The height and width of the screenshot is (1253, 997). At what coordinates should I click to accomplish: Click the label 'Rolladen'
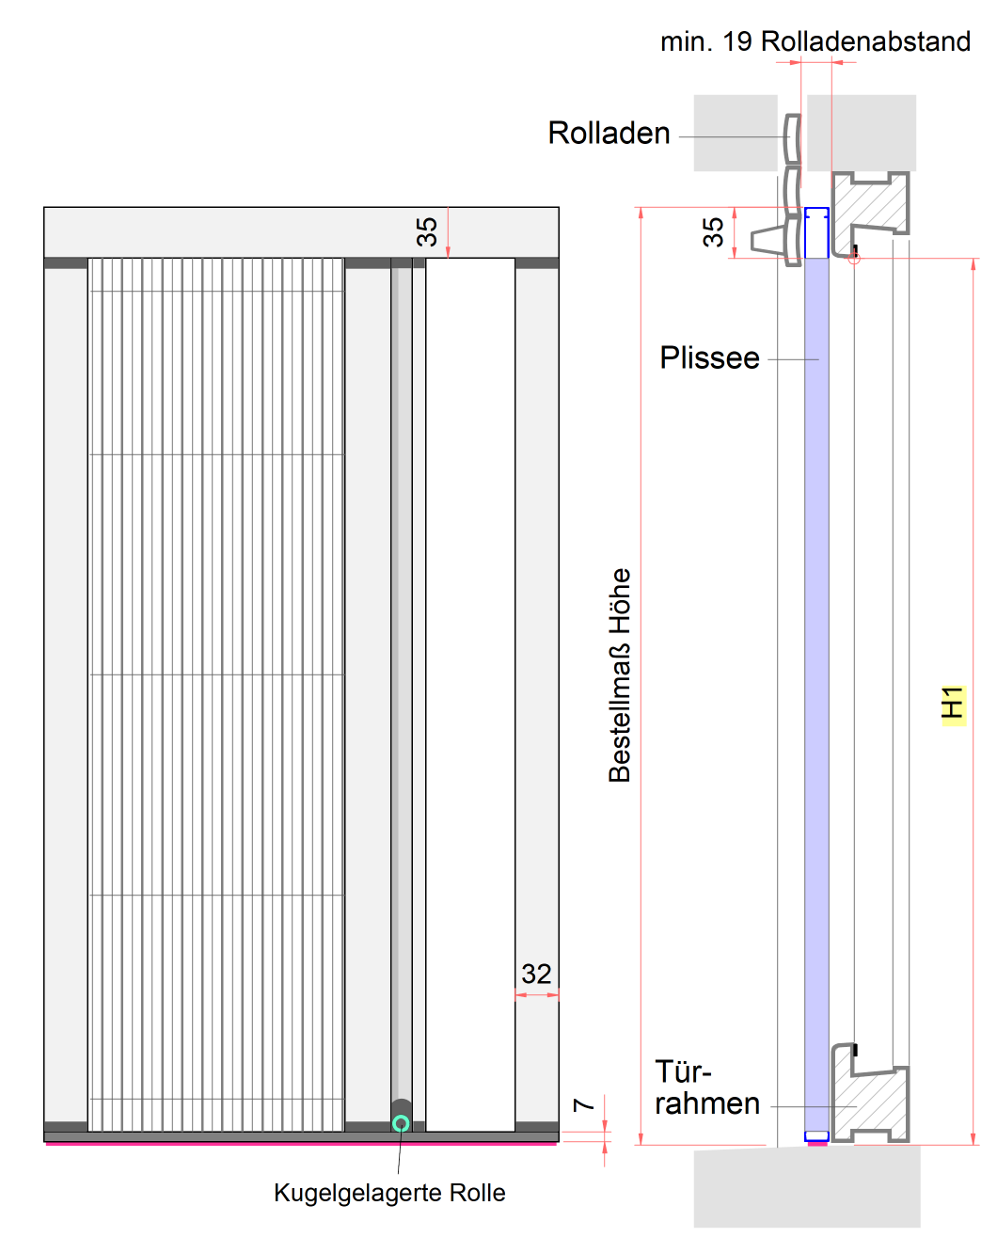[x=609, y=134]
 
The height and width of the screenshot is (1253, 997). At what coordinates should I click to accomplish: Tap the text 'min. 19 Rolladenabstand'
[x=815, y=41]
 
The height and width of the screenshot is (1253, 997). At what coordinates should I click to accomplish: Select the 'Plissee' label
[x=709, y=358]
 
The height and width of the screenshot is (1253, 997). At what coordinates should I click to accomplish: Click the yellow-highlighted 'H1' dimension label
[x=953, y=704]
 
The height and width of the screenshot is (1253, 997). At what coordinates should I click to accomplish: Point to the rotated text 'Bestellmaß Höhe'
[x=620, y=675]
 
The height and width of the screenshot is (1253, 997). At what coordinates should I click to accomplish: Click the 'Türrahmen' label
[x=706, y=1087]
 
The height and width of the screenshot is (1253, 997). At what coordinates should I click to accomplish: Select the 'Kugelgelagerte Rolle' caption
[x=389, y=1193]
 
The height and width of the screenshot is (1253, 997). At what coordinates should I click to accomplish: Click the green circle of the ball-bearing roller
[x=401, y=1123]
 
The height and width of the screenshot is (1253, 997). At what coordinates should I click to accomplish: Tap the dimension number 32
[x=536, y=974]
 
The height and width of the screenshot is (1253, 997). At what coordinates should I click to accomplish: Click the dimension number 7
[x=584, y=1104]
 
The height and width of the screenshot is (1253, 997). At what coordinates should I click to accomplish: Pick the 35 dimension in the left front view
[x=427, y=231]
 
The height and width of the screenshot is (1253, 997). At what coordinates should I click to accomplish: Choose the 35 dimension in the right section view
[x=713, y=231]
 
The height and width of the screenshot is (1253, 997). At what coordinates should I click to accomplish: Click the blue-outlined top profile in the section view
[x=816, y=233]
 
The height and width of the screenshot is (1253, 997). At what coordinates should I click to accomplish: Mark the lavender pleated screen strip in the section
[x=816, y=658]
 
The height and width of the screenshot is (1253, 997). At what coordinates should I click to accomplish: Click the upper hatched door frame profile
[x=875, y=202]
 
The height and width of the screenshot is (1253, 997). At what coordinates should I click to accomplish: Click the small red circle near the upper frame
[x=854, y=258]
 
